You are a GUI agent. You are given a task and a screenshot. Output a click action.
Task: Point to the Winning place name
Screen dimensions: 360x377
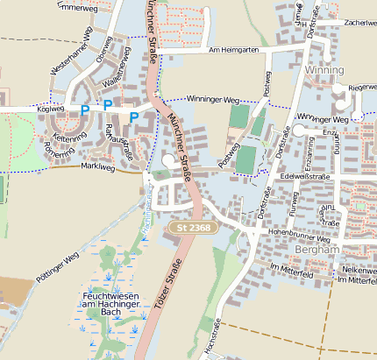pyautogui.click(x=324, y=68)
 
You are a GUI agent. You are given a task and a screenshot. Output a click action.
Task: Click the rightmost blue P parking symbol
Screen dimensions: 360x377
pyautogui.click(x=133, y=116)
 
